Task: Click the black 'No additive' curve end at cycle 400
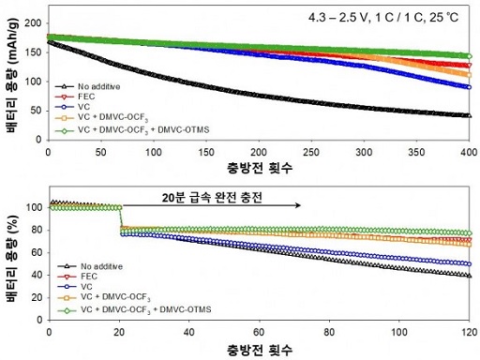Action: click(468, 115)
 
